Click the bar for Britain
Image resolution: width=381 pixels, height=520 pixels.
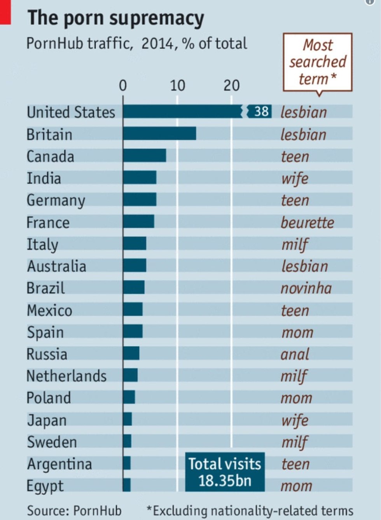[x=159, y=134]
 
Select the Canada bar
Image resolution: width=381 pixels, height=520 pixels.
[x=145, y=155]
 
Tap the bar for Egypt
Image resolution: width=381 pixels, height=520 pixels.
[x=127, y=485]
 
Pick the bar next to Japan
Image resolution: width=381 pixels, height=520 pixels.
[x=128, y=419]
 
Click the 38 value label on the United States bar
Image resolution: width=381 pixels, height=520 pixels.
[x=261, y=111]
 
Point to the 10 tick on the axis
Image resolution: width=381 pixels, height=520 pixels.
[x=177, y=86]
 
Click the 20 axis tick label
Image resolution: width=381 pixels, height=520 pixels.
[x=231, y=86]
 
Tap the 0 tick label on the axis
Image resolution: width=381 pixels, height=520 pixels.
[x=123, y=86]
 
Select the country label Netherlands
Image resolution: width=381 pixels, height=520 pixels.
[x=66, y=376]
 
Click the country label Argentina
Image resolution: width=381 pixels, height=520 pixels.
[x=59, y=464]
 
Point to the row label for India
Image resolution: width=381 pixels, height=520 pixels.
[x=44, y=178]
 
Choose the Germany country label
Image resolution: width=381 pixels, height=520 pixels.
[x=56, y=200]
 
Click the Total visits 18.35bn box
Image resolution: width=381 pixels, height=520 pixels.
[x=225, y=472]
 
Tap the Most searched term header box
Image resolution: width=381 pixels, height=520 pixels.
[x=317, y=62]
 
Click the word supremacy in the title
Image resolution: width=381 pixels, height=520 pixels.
[x=159, y=18]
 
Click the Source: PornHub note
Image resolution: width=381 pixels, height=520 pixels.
[x=74, y=510]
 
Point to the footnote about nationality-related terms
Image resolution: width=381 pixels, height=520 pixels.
[x=250, y=510]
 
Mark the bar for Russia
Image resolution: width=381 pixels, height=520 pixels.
[x=131, y=353]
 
